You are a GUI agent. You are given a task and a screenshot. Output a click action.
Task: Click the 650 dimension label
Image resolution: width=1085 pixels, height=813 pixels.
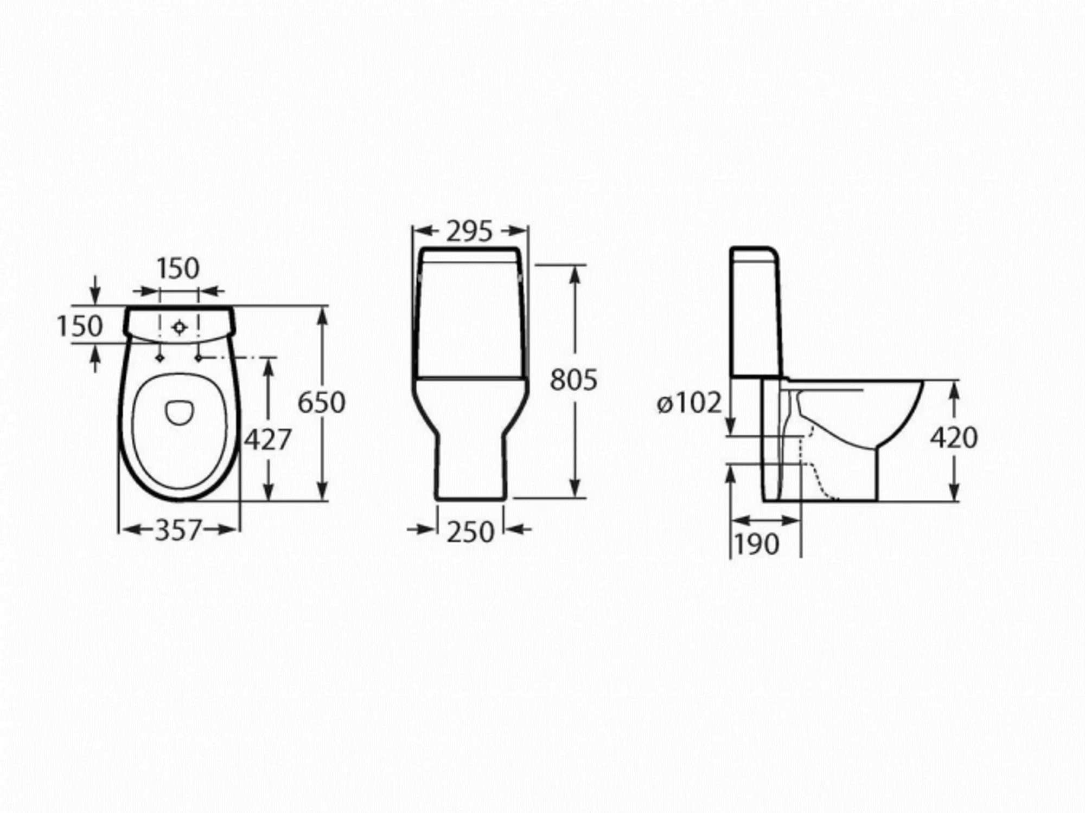pyautogui.click(x=321, y=402)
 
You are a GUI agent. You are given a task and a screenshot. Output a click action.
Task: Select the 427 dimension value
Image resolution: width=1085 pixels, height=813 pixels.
pyautogui.click(x=267, y=439)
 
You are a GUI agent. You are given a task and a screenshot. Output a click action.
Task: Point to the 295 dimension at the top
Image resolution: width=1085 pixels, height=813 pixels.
pyautogui.click(x=469, y=231)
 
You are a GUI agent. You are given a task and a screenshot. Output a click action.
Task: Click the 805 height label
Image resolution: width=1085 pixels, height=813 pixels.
pyautogui.click(x=573, y=379)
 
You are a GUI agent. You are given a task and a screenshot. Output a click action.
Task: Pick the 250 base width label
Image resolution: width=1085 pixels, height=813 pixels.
pyautogui.click(x=470, y=532)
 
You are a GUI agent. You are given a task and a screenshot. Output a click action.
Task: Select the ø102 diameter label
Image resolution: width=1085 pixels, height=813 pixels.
pyautogui.click(x=689, y=403)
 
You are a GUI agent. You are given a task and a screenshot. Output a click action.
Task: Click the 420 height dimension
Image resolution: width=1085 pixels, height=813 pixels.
pyautogui.click(x=954, y=437)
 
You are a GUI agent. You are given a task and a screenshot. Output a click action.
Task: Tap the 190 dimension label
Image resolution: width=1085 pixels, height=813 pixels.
pyautogui.click(x=756, y=544)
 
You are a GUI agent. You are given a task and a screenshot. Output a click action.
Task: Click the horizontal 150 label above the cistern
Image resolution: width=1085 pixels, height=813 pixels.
pyautogui.click(x=178, y=268)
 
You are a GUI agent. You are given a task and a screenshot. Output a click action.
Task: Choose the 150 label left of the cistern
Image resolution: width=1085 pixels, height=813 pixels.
pyautogui.click(x=80, y=326)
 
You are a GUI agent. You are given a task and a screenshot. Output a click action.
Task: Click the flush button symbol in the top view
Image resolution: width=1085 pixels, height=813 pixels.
pyautogui.click(x=180, y=327)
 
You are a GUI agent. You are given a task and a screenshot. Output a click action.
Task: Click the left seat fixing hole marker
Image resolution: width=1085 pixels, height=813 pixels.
pyautogui.click(x=160, y=358)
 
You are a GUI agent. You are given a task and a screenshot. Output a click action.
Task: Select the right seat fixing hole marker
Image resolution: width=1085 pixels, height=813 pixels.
pyautogui.click(x=199, y=358)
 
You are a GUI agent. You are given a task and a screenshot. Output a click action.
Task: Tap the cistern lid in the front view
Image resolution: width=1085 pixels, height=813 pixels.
pyautogui.click(x=470, y=255)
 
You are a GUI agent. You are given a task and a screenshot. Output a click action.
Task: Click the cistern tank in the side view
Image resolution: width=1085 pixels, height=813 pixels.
pyautogui.click(x=757, y=314)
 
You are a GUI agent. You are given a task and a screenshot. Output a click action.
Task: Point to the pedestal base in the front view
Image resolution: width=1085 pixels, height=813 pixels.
pyautogui.click(x=470, y=466)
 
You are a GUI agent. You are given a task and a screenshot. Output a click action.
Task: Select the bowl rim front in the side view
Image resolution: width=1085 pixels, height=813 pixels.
pyautogui.click(x=917, y=390)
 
